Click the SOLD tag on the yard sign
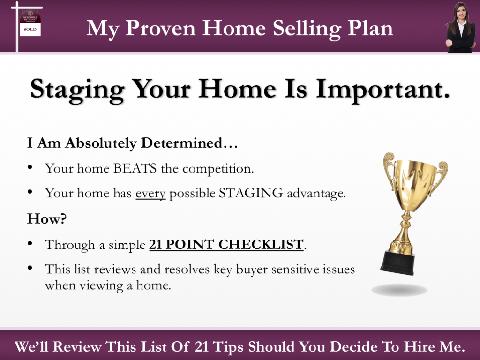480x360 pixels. [x=30, y=29]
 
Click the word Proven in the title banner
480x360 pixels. [x=165, y=29]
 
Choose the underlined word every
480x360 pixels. [x=150, y=193]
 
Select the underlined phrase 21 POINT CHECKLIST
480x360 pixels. [x=226, y=244]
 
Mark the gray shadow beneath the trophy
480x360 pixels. [x=399, y=290]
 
